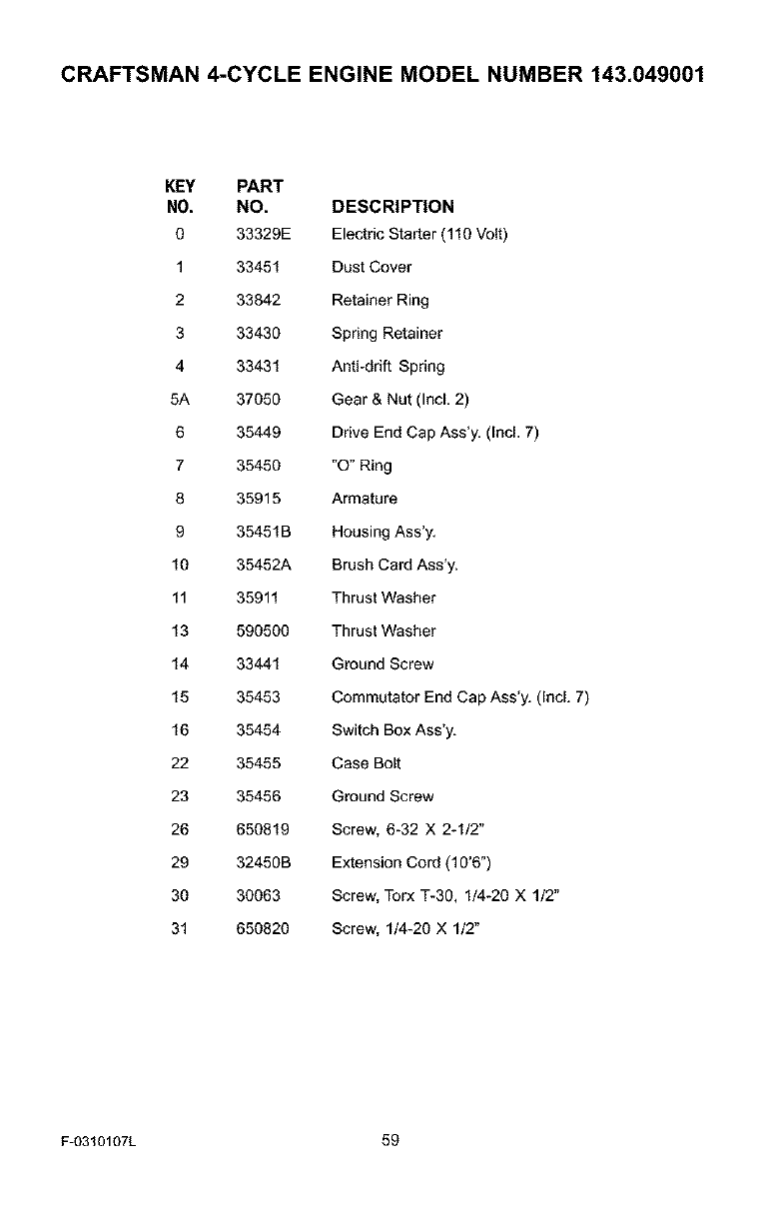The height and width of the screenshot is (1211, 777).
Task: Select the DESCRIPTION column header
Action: [392, 207]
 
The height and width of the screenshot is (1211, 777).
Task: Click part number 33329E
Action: [262, 235]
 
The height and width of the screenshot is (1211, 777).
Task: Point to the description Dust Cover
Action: [372, 268]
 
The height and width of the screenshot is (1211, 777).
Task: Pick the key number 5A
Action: [180, 400]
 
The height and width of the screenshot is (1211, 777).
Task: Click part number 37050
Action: [259, 400]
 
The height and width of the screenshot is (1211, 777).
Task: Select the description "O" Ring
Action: [362, 466]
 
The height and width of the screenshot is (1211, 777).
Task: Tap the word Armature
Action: [365, 499]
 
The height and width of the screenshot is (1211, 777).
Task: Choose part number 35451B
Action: [263, 532]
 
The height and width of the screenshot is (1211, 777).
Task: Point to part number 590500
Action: [263, 630]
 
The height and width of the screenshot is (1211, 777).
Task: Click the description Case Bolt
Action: [367, 763]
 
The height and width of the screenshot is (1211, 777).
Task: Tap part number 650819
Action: [263, 829]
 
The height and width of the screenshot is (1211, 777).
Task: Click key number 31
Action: [180, 928]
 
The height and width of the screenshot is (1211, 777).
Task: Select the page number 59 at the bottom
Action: [389, 1140]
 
